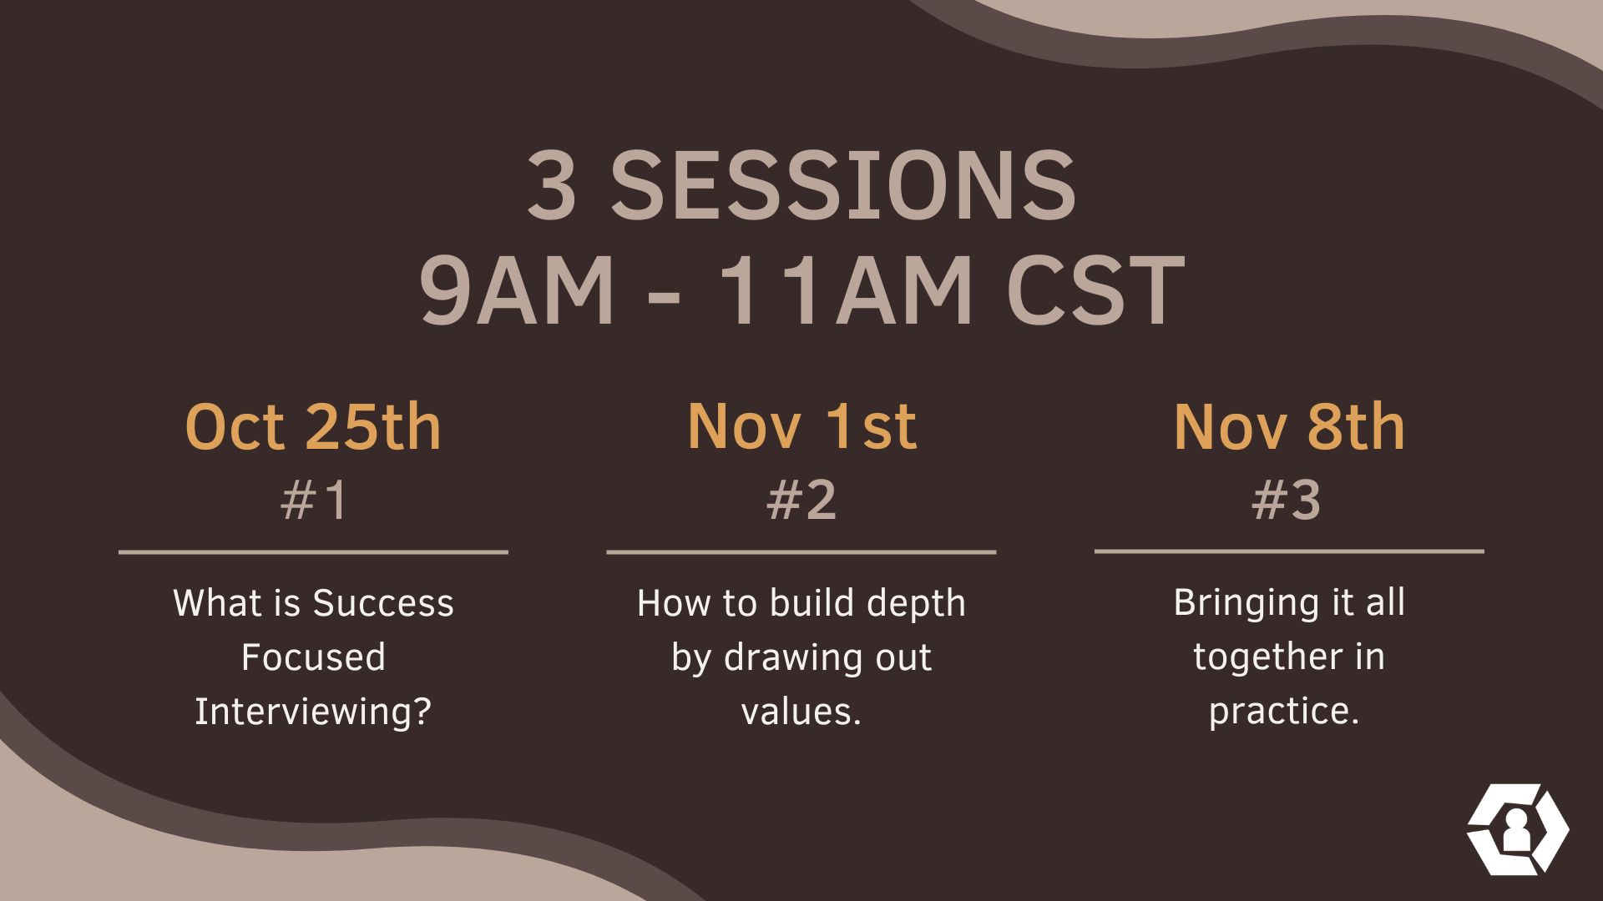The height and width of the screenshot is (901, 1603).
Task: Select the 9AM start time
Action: (517, 289)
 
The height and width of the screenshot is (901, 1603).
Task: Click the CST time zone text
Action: (1095, 289)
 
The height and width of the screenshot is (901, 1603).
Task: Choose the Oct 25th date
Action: (313, 427)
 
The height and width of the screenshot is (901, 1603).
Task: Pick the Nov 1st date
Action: (802, 427)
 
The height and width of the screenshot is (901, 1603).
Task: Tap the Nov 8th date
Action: (1289, 427)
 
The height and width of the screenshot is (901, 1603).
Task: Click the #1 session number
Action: (313, 500)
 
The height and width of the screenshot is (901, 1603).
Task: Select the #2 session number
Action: (801, 500)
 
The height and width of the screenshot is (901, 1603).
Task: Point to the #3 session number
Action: (1287, 500)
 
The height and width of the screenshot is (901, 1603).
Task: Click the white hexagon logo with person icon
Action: (1518, 829)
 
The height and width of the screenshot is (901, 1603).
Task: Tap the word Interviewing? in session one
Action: (313, 712)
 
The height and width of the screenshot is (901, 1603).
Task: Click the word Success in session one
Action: (383, 602)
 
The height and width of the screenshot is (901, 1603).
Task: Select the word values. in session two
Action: (801, 712)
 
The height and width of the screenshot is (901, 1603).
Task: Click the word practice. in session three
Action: (1284, 712)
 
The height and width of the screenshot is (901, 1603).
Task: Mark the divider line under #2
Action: (801, 551)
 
